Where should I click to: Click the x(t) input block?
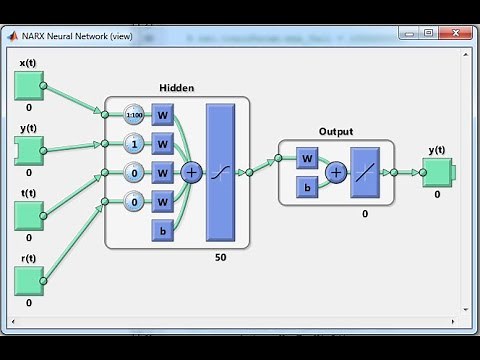pyautogui.click(x=28, y=86)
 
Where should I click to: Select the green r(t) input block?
pyautogui.click(x=28, y=282)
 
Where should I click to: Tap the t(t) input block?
pyautogui.click(x=28, y=216)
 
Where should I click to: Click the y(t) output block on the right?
pyautogui.click(x=438, y=172)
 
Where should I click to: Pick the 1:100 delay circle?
pyautogui.click(x=134, y=114)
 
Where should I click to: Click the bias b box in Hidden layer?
pyautogui.click(x=162, y=231)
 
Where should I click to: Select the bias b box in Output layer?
pyautogui.click(x=309, y=188)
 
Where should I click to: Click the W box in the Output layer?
pyautogui.click(x=309, y=158)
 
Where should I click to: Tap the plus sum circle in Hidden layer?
pyautogui.click(x=192, y=172)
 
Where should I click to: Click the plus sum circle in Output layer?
pyautogui.click(x=336, y=172)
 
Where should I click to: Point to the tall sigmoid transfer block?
pyautogui.click(x=219, y=172)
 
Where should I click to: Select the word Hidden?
pyautogui.click(x=176, y=88)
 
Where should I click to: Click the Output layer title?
pyautogui.click(x=336, y=132)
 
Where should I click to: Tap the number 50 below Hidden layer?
pyautogui.click(x=219, y=258)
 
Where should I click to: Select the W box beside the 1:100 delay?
pyautogui.click(x=162, y=114)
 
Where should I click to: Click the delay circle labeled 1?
pyautogui.click(x=134, y=143)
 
